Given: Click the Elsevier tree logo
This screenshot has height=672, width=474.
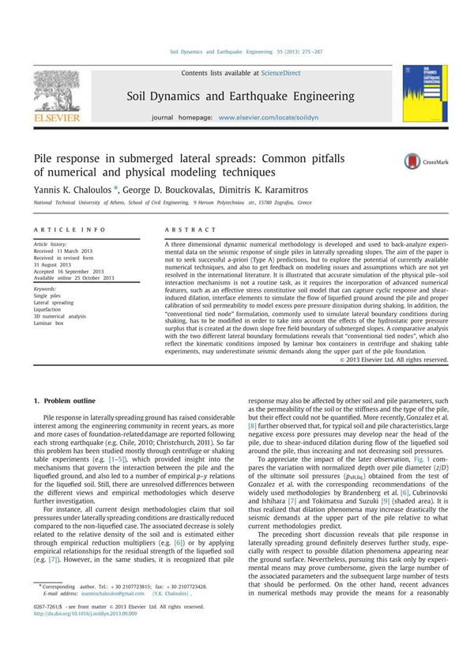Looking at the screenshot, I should (56, 94).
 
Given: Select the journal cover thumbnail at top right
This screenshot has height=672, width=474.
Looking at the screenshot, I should (418, 94).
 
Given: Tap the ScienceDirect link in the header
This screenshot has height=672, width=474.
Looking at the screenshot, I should (282, 74).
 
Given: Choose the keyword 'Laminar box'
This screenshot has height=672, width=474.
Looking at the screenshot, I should (50, 323).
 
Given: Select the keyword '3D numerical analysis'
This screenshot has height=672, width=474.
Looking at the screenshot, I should (60, 316).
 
